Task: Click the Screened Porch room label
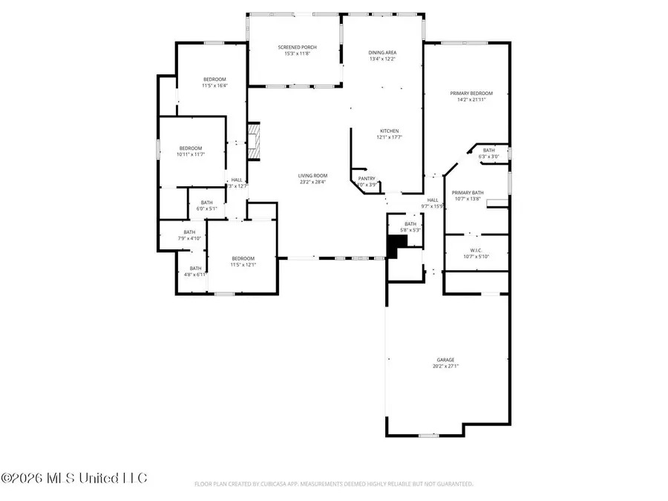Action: [297, 48]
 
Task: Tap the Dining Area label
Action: [383, 53]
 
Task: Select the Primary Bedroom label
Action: [471, 94]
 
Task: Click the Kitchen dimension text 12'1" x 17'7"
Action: [390, 137]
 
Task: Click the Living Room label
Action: [313, 175]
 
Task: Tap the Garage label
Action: [445, 360]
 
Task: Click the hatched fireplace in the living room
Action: [255, 140]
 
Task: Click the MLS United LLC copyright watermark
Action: [74, 477]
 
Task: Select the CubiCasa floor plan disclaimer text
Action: [334, 484]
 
